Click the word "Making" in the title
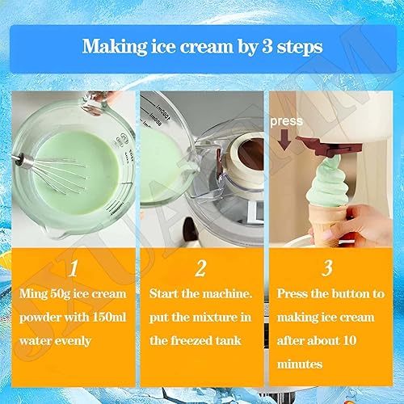(115, 47)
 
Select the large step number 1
(74, 268)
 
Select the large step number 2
(201, 268)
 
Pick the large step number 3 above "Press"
(327, 268)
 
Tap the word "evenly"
(73, 342)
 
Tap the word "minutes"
(300, 364)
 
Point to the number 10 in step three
(350, 341)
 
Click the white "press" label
(287, 121)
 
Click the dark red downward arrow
(284, 140)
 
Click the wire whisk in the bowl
(54, 172)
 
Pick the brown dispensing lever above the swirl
(330, 146)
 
